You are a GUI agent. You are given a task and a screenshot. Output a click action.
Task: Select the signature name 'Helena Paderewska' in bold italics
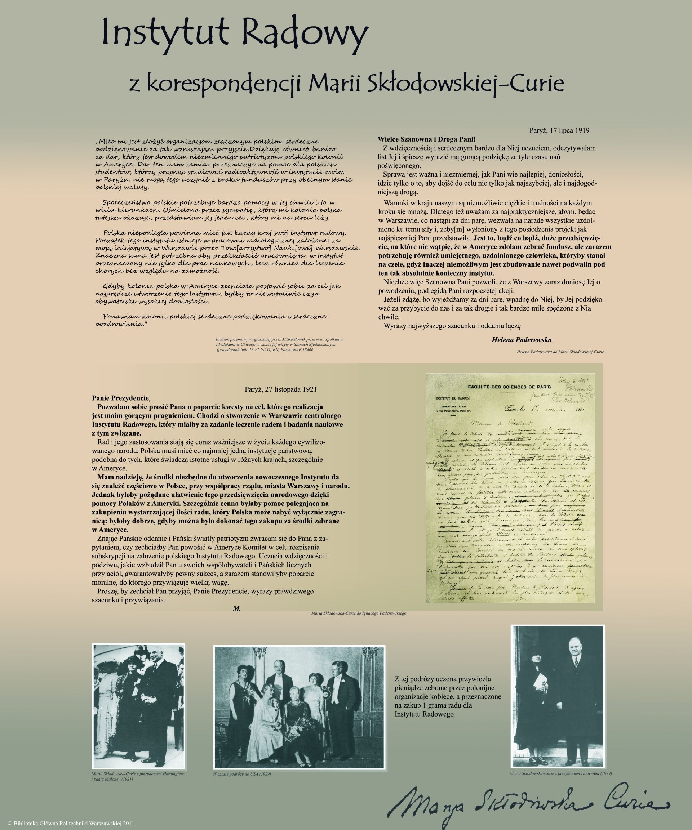tap(521, 340)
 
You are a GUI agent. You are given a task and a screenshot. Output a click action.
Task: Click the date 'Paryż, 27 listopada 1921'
tap(281, 389)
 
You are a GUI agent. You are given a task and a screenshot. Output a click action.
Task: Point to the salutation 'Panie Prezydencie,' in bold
tap(121, 398)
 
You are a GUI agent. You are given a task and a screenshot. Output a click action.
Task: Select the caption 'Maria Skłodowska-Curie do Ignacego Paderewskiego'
tap(358, 614)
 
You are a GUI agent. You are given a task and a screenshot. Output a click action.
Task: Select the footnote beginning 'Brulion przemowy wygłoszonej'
tap(279, 345)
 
